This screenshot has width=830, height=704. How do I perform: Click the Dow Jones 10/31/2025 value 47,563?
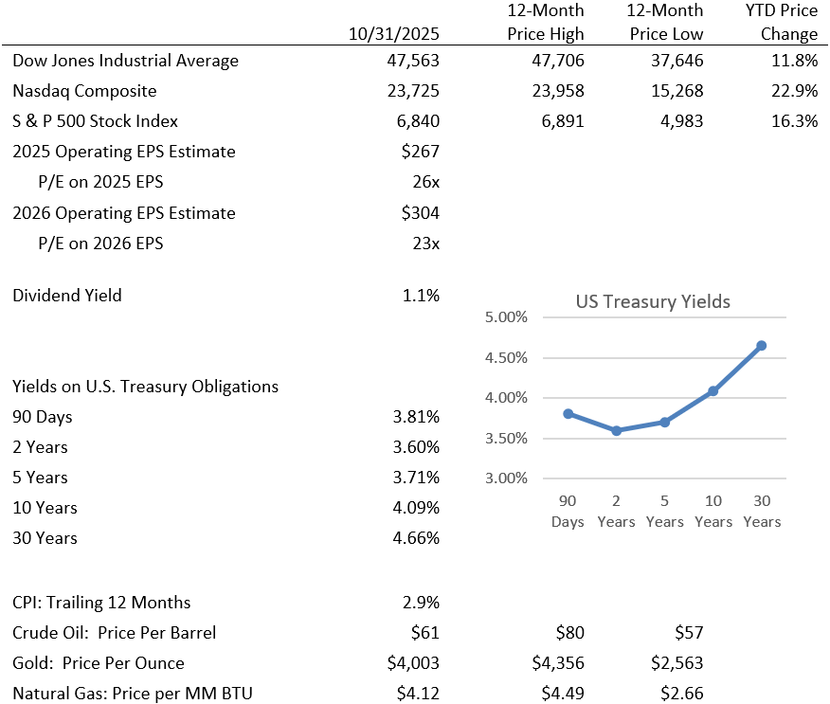[410, 61]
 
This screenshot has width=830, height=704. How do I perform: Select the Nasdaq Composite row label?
[84, 91]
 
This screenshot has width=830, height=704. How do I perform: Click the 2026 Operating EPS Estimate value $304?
[421, 212]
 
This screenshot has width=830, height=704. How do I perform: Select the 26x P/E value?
[424, 182]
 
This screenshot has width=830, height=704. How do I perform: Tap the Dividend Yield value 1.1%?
[421, 295]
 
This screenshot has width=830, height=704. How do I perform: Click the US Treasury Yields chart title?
[653, 302]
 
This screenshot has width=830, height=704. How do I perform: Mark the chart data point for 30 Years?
[761, 346]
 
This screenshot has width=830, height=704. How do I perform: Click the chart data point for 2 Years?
[616, 430]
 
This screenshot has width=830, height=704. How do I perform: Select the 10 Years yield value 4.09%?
[416, 508]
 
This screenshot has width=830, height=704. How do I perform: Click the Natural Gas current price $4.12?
[418, 694]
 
